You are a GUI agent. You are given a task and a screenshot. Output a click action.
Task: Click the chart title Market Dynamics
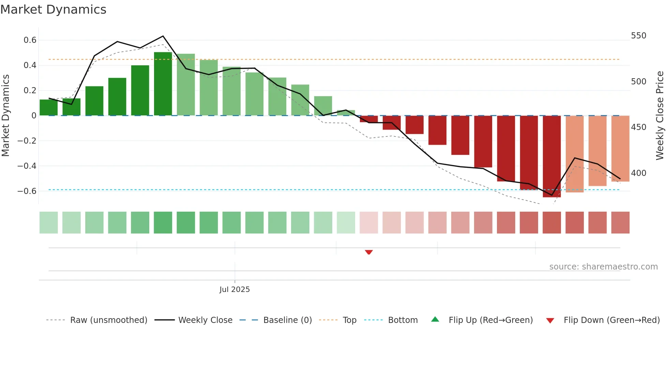click(53, 10)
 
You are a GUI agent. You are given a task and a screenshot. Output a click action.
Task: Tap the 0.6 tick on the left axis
click(30, 40)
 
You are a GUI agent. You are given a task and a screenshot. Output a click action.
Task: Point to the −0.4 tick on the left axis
click(27, 166)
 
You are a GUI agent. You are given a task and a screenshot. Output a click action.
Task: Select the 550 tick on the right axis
click(638, 36)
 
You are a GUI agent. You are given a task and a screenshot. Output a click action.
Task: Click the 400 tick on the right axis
click(638, 173)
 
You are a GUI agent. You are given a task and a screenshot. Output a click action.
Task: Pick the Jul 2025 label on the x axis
click(234, 290)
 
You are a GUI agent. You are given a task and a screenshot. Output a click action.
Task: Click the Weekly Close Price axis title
click(660, 116)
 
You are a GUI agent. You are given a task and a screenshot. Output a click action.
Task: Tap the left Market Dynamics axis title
click(5, 116)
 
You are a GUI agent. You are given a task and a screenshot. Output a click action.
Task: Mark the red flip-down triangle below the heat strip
click(369, 252)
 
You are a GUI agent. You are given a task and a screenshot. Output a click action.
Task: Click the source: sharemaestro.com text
click(603, 267)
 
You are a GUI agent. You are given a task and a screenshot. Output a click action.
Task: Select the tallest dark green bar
click(163, 84)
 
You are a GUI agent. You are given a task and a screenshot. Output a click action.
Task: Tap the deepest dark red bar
click(552, 157)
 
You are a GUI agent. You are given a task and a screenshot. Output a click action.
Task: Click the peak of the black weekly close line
click(163, 36)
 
